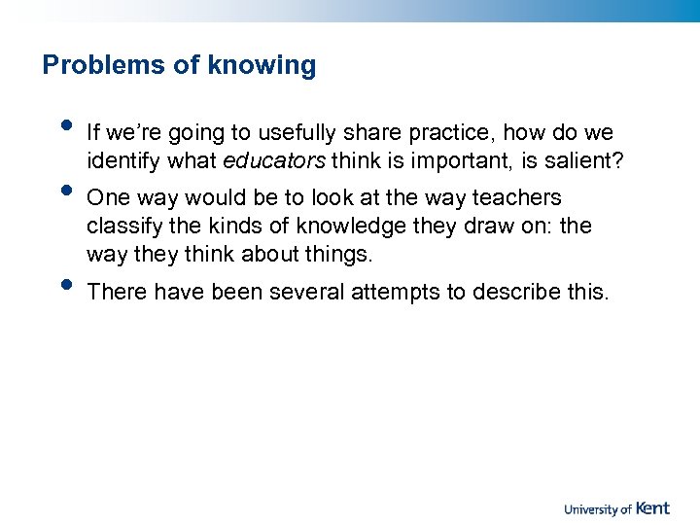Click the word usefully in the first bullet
pos(298,131)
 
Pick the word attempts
pos(396,293)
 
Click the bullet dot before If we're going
pos(65,124)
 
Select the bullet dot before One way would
pos(65,191)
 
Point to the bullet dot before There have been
pos(65,286)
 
